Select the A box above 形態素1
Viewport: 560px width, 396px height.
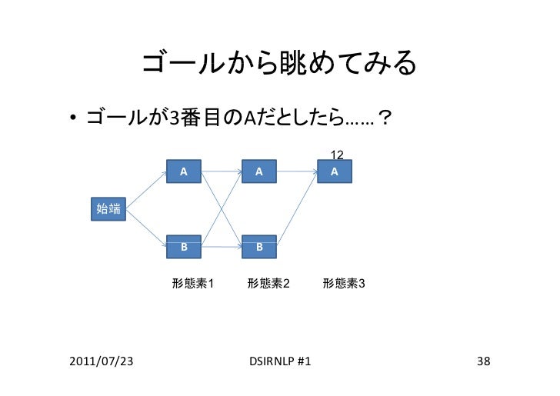pyautogui.click(x=184, y=171)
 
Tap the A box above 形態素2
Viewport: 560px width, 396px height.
pyautogui.click(x=260, y=171)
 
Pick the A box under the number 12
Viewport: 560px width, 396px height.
pyautogui.click(x=335, y=171)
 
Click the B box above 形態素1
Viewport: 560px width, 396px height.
pyautogui.click(x=184, y=247)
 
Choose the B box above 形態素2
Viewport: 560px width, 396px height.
pyautogui.click(x=260, y=247)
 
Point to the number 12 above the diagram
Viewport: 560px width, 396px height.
pyautogui.click(x=336, y=155)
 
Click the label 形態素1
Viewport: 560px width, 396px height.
pyautogui.click(x=192, y=284)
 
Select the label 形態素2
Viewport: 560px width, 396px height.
pyautogui.click(x=268, y=284)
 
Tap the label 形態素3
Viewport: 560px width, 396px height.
pyautogui.click(x=344, y=284)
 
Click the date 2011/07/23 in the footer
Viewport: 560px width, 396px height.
pyautogui.click(x=99, y=361)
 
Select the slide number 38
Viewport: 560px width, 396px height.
pyautogui.click(x=484, y=361)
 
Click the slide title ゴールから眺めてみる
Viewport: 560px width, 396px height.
pyautogui.click(x=278, y=65)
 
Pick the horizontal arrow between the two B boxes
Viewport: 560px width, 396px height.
pyautogui.click(x=222, y=247)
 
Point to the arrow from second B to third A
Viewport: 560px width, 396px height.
pyautogui.click(x=298, y=209)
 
